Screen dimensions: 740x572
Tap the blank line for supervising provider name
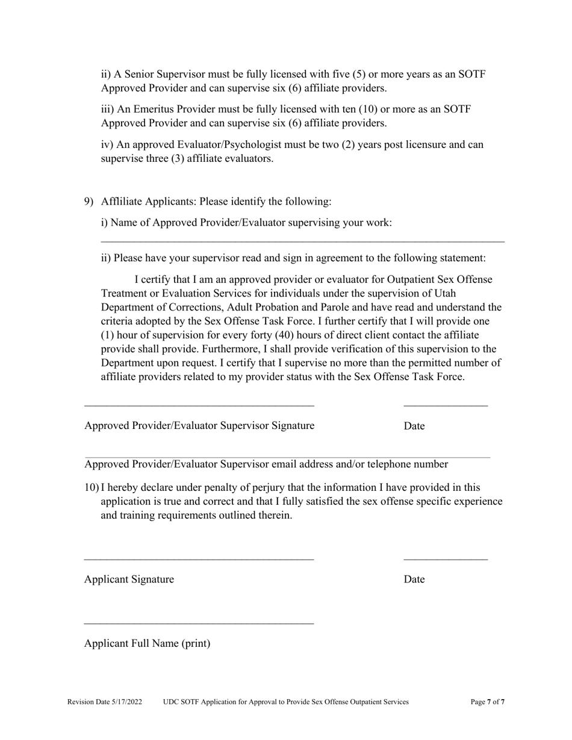pos(302,241)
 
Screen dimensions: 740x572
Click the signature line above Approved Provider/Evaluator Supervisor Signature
pos(199,406)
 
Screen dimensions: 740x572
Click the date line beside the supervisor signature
pos(446,406)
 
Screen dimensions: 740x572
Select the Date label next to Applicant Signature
pos(414,579)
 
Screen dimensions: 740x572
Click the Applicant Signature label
pos(129,579)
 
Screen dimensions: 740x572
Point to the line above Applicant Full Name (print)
pos(199,623)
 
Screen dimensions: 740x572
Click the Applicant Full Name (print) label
pos(148,644)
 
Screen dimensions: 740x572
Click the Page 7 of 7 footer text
pos(488,702)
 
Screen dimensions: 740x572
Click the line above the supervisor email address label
pos(287,457)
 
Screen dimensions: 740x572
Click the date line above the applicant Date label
pos(446,560)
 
